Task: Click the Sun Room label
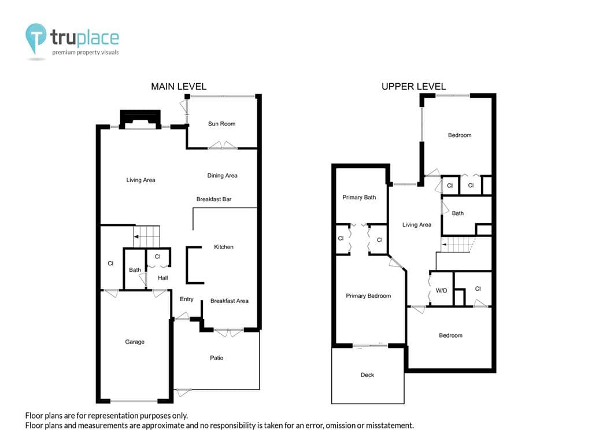[x=221, y=124]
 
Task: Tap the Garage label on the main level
[x=135, y=342]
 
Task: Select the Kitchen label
[x=224, y=247]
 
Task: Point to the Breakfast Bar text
[x=214, y=199]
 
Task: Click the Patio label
[x=217, y=358]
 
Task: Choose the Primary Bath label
[x=359, y=197]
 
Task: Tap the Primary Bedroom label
[x=368, y=296]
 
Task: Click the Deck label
[x=367, y=375]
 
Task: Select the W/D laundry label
[x=441, y=291]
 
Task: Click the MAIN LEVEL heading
[x=179, y=87]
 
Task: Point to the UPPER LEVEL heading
[x=414, y=87]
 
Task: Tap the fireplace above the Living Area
[x=140, y=119]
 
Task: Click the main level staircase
[x=147, y=236]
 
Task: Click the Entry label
[x=187, y=299]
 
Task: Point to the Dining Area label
[x=223, y=176]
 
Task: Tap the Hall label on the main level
[x=162, y=278]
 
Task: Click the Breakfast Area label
[x=229, y=301]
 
